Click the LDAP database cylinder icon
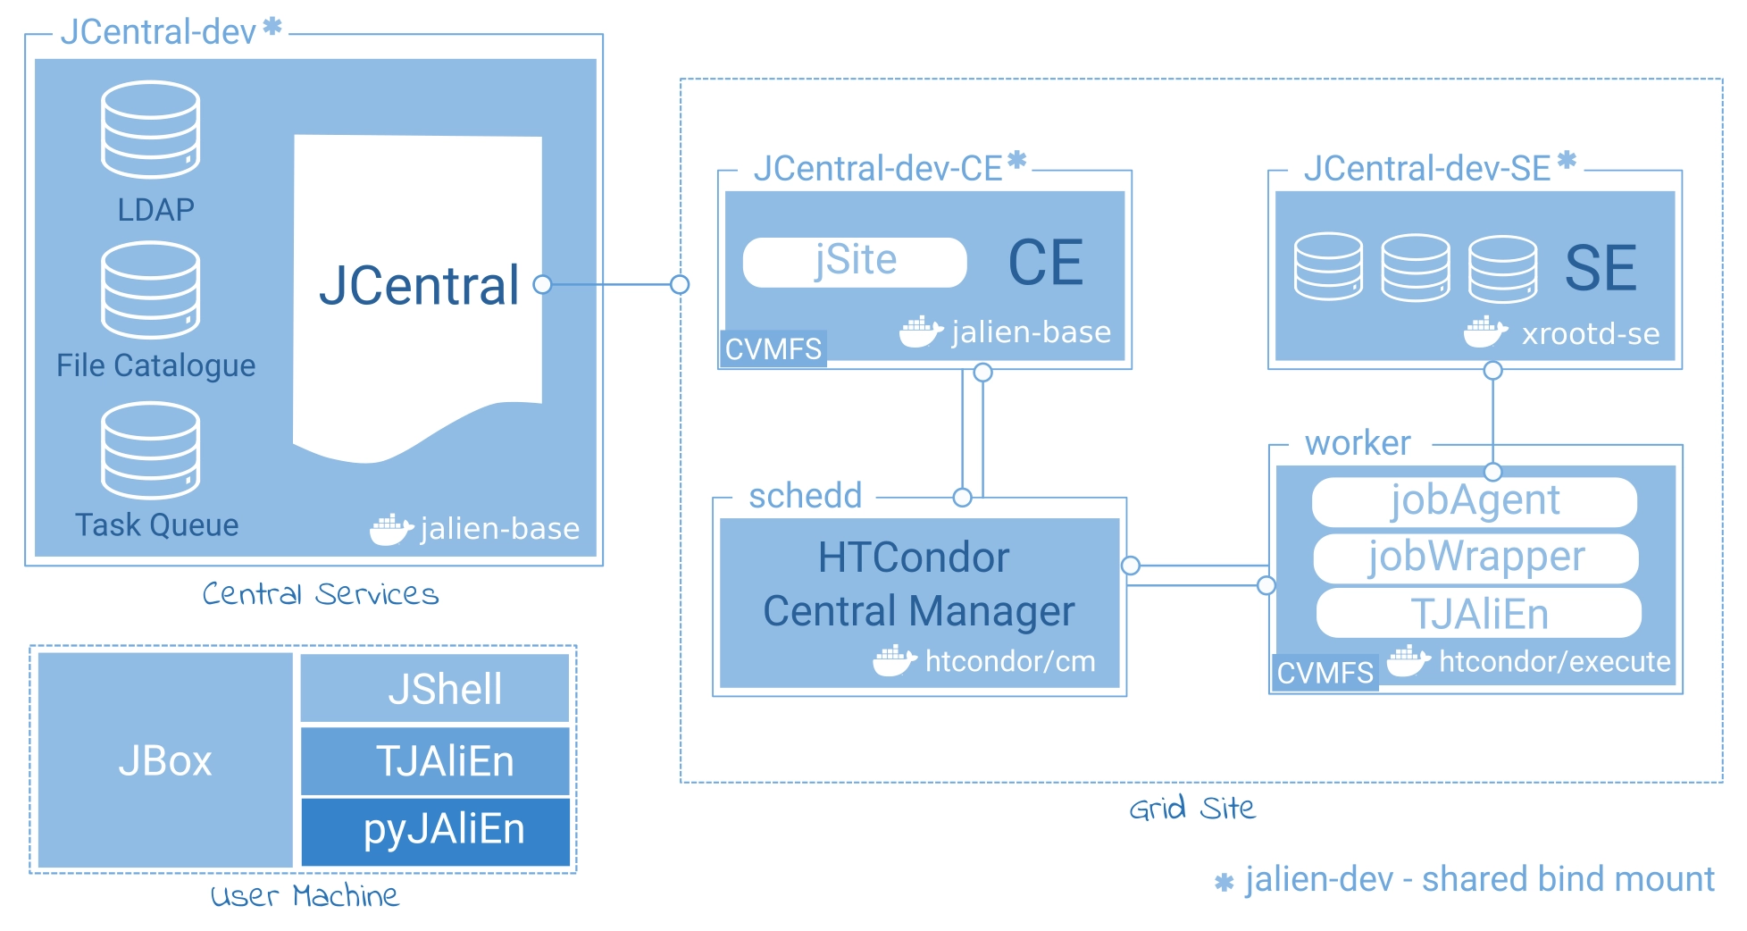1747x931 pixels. point(150,130)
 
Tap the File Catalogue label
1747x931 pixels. point(155,365)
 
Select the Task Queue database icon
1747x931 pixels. point(150,450)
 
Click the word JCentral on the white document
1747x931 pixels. point(419,286)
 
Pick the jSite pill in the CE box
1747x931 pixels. point(855,262)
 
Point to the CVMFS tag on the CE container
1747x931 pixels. point(773,348)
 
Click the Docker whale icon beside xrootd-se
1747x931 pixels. point(1484,332)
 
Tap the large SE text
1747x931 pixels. point(1601,268)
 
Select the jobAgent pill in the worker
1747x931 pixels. point(1475,501)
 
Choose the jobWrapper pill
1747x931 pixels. point(1476,558)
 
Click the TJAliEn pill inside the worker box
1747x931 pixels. point(1479,614)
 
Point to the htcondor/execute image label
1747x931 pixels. point(1554,662)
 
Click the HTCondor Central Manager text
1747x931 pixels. point(918,584)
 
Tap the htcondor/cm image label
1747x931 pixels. point(1009,662)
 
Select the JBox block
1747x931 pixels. point(165,760)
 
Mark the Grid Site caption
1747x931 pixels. point(1191,809)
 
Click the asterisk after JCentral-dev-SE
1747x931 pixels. point(1567,161)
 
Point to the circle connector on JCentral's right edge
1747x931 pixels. point(542,285)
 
